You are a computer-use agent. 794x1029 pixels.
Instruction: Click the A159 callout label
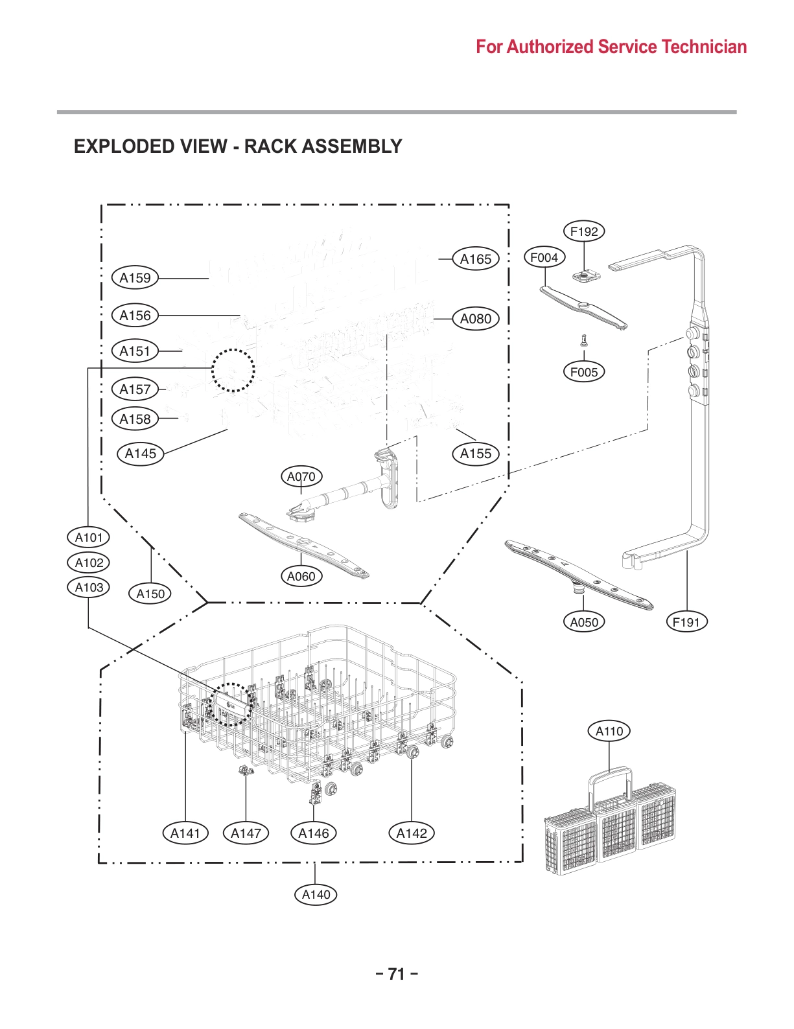(x=135, y=278)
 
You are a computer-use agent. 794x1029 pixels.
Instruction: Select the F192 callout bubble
(x=584, y=231)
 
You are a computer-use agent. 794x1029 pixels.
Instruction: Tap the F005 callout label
(x=584, y=372)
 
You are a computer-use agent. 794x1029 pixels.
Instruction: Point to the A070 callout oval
(x=301, y=477)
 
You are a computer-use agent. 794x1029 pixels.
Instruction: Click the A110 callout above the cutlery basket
(x=609, y=732)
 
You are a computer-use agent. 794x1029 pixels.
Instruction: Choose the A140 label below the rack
(x=316, y=895)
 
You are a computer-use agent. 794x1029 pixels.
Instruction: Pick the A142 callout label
(x=412, y=833)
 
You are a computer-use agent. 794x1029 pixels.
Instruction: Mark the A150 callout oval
(x=150, y=594)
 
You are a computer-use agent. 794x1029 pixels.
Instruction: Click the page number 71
(x=396, y=974)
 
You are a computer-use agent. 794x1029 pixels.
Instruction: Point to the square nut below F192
(x=586, y=275)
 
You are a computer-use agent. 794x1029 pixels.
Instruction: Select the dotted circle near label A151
(x=233, y=371)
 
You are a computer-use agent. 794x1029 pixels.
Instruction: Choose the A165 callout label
(x=476, y=259)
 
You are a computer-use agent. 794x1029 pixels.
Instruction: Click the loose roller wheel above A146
(x=331, y=788)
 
